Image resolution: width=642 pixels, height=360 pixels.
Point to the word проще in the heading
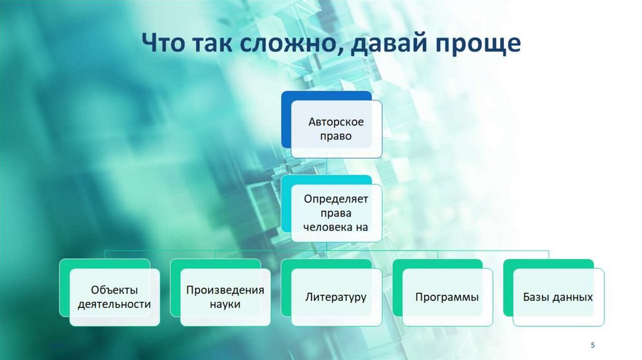(483, 45)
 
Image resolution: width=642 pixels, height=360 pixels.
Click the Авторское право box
(336, 129)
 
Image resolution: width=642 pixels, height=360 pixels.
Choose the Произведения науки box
(225, 297)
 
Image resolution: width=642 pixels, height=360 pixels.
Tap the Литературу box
(336, 297)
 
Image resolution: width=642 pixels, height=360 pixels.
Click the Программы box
(447, 297)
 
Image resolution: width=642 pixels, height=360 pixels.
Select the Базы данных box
(558, 297)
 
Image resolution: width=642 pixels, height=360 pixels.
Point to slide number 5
(593, 346)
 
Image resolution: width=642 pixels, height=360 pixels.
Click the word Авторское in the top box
(336, 122)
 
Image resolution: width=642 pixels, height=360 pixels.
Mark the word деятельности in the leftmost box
(113, 305)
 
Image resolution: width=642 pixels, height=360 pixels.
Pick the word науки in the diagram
(225, 305)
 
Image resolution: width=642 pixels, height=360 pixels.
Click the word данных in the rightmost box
(571, 297)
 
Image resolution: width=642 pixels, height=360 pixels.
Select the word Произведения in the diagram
(225, 290)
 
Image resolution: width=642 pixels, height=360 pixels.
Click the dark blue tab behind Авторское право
(286, 119)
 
